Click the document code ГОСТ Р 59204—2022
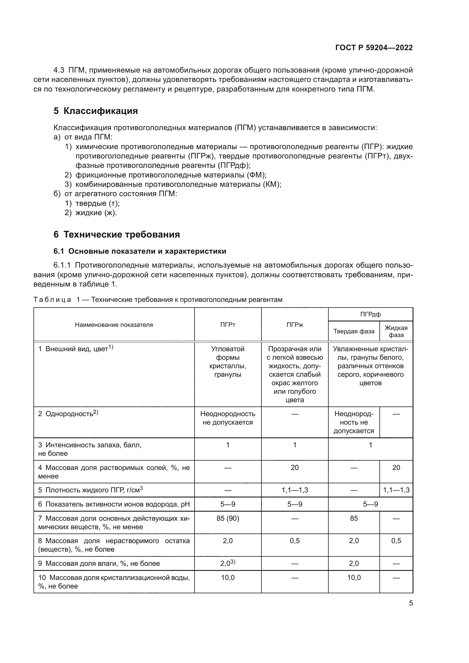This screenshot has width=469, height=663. tap(374, 48)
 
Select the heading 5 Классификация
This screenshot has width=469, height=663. tap(96, 111)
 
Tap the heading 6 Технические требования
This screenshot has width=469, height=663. tap(117, 234)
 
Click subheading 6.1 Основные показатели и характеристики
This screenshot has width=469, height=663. tap(140, 251)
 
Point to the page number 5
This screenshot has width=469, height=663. tap(411, 603)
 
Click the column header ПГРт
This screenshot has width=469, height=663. tap(228, 325)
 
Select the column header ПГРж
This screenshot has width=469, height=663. tap(295, 325)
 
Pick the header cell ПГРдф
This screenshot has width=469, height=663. tap(370, 314)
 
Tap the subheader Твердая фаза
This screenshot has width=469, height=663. tap(354, 331)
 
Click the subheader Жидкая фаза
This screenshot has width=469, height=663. tap(396, 331)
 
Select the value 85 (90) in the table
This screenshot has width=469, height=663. tap(228, 518)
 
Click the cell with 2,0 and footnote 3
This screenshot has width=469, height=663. tap(228, 564)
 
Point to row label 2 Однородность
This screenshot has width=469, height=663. tap(68, 414)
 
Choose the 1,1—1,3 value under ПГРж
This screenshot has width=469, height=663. tap(295, 490)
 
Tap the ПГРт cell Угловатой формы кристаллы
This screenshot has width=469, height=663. tap(228, 361)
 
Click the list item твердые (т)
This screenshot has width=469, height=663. tap(97, 203)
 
